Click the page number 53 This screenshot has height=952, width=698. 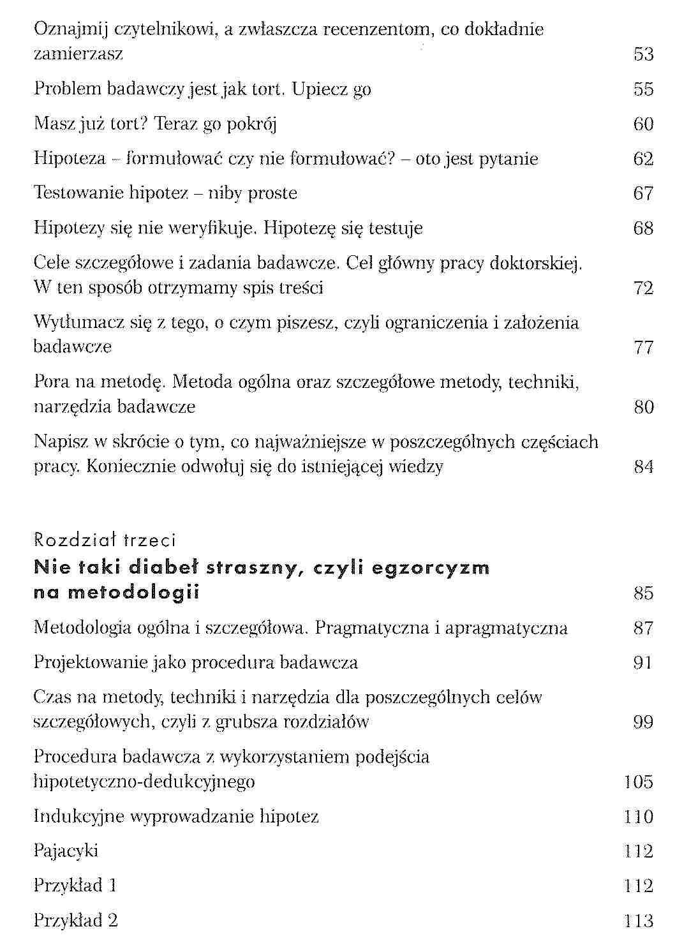click(x=643, y=54)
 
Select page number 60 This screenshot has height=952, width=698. click(x=643, y=124)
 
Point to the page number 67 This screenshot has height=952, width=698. click(x=643, y=193)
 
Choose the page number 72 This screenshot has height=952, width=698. click(x=643, y=288)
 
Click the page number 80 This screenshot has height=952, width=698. click(x=643, y=407)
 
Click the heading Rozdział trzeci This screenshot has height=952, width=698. click(x=104, y=540)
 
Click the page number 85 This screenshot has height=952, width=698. click(x=643, y=593)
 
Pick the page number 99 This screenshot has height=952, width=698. click(x=643, y=722)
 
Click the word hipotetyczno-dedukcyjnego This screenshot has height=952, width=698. click(x=144, y=782)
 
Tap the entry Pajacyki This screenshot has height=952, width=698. click(x=66, y=851)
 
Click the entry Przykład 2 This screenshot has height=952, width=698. click(x=75, y=921)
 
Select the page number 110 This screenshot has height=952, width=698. click(x=639, y=817)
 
